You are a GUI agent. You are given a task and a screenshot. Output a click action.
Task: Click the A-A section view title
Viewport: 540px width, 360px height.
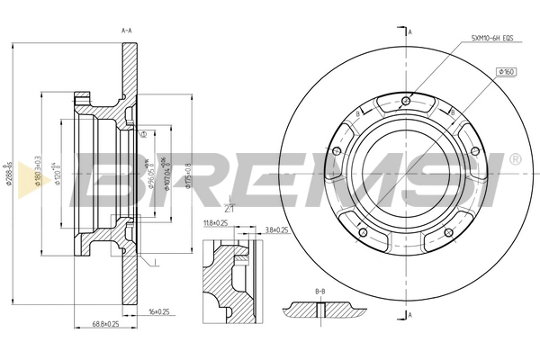127,31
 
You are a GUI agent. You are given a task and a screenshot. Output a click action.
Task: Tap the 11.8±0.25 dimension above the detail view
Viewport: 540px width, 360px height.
216,222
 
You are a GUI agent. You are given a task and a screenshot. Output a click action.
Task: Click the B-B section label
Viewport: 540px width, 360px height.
321,292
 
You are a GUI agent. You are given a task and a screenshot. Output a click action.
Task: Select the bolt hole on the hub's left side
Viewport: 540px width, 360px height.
336,150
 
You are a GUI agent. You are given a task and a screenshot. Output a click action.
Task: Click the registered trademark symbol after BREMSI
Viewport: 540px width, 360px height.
514,159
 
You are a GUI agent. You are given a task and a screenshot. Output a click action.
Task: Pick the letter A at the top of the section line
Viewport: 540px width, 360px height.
410,32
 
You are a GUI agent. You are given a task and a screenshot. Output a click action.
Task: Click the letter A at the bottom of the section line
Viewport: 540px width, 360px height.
410,316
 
